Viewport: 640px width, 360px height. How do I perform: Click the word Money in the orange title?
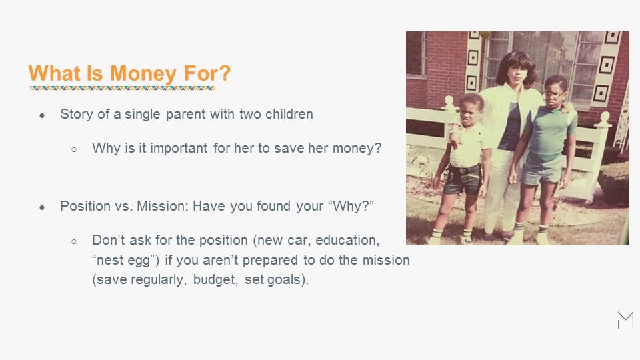click(143, 74)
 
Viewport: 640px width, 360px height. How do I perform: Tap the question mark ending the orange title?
click(225, 73)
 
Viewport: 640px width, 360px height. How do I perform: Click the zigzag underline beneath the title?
click(123, 88)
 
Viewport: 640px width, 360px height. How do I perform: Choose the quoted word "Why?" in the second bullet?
click(351, 206)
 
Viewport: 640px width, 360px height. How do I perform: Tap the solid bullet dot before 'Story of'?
click(42, 116)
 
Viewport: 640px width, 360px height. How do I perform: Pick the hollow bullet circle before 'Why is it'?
click(74, 150)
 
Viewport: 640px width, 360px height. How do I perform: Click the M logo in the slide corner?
click(626, 320)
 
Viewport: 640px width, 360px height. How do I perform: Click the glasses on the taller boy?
click(553, 94)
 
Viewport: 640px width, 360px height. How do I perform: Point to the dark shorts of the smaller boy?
click(463, 179)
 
